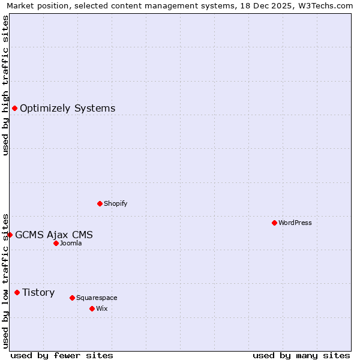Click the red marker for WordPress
[x=274, y=223]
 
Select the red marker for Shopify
[x=100, y=203]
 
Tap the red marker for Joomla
[x=56, y=243]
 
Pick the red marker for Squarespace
[x=72, y=298]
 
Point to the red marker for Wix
[x=92, y=308]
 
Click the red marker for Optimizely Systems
[x=14, y=108]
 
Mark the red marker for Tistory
[x=17, y=292]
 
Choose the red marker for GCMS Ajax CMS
[x=10, y=235]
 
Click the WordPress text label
[x=295, y=223]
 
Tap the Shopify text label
[x=116, y=203]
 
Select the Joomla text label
[x=71, y=243]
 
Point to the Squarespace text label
[x=97, y=298]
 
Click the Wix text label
[x=102, y=308]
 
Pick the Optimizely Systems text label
[x=68, y=108]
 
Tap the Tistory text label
[x=38, y=292]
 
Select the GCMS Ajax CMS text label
[x=54, y=235]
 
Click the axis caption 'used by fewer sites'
[x=62, y=355]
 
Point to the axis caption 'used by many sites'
[x=301, y=355]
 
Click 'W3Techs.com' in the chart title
[x=326, y=6]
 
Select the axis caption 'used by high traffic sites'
[x=6, y=85]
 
